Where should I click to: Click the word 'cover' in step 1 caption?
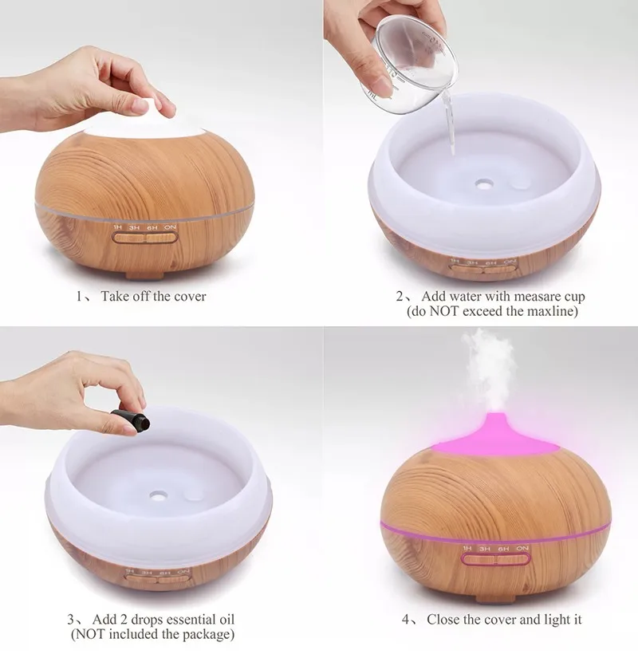point(190,297)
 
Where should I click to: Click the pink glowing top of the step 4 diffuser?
point(494,437)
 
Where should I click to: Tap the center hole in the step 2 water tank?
point(482,184)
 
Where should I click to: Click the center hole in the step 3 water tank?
point(158,495)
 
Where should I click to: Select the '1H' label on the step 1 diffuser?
point(118,227)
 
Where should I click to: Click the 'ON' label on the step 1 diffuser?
point(170,227)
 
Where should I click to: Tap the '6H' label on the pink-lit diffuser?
point(504,549)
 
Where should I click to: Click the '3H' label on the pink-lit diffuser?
point(485,549)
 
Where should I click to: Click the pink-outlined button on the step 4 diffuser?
point(495,559)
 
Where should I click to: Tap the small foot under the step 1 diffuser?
point(144,276)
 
